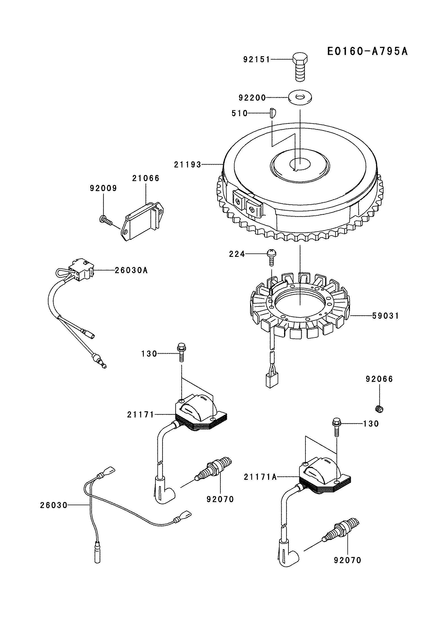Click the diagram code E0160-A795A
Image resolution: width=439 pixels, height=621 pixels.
(x=367, y=51)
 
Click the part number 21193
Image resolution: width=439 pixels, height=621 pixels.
(x=187, y=164)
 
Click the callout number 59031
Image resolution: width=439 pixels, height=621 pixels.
(x=385, y=316)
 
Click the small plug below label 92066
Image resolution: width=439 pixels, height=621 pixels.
(x=379, y=409)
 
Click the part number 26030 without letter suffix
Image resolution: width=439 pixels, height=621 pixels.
(x=54, y=505)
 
